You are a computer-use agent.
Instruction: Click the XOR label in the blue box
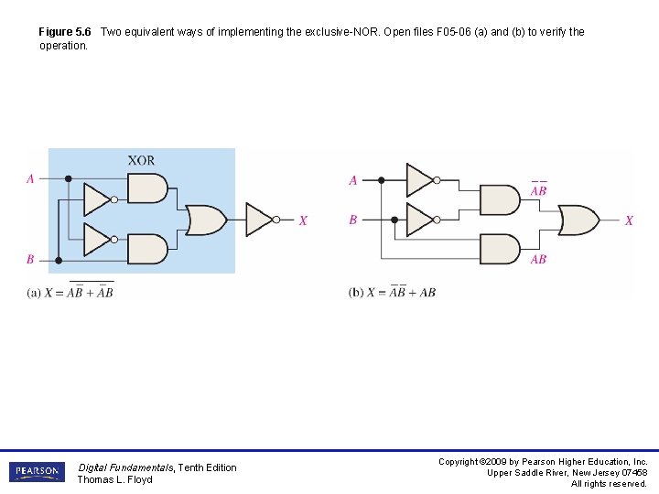coord(141,161)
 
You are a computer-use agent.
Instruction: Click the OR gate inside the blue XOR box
coord(206,220)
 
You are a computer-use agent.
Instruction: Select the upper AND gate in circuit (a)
coord(147,189)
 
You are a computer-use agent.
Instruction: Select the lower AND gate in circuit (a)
coord(147,249)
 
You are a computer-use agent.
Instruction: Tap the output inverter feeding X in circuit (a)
coord(260,220)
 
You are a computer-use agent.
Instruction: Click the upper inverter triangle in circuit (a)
coord(97,199)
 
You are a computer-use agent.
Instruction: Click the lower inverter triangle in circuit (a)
coord(97,239)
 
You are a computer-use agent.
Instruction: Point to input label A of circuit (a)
coord(30,179)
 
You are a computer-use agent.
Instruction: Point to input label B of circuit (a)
coord(30,260)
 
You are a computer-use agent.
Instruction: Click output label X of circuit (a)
coord(303,220)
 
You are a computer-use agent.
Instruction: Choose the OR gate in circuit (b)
coord(578,220)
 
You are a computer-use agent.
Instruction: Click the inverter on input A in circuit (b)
coord(420,180)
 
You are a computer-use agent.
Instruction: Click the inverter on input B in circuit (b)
coord(420,220)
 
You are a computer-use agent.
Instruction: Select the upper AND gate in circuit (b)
coord(500,199)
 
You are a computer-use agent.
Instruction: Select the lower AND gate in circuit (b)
coord(500,249)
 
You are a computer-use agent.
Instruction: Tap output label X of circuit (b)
coord(629,220)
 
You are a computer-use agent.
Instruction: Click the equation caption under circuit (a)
coord(70,292)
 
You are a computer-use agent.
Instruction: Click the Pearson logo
coord(37,472)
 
